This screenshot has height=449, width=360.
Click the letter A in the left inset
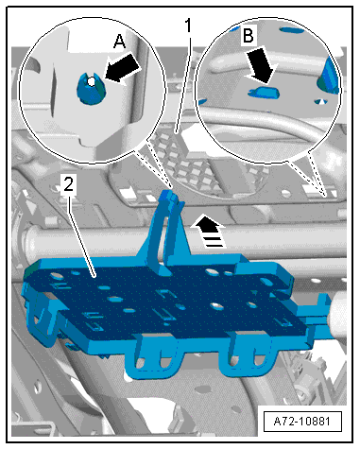click(x=119, y=42)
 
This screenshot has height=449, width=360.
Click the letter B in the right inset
click(x=249, y=35)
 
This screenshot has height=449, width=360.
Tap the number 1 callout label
click(x=188, y=26)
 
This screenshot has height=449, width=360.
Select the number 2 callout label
click(x=68, y=184)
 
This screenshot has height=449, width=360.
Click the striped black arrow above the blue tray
click(x=208, y=231)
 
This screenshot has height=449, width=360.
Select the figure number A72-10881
click(x=302, y=422)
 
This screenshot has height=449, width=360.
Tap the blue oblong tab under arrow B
click(x=264, y=93)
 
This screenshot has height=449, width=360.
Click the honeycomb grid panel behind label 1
click(x=186, y=164)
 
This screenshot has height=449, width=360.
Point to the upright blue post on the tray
click(x=166, y=230)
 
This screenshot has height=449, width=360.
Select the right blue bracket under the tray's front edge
click(x=249, y=356)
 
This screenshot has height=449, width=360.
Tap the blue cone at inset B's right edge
click(x=328, y=76)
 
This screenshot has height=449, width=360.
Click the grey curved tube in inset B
click(x=265, y=121)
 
